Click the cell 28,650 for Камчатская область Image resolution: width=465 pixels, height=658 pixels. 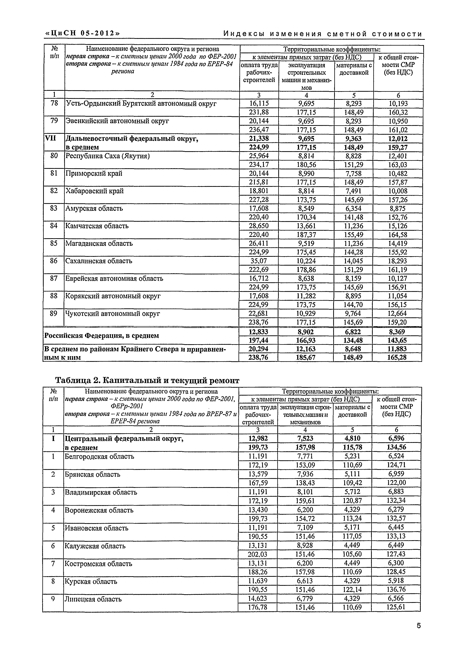(258, 226)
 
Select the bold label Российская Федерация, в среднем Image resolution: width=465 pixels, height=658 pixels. (101, 336)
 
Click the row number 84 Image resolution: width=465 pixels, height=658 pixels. (54, 226)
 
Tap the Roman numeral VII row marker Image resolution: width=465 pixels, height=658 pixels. (50, 138)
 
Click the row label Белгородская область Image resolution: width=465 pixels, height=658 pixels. (99, 456)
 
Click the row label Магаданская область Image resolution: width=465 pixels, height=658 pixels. (99, 243)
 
